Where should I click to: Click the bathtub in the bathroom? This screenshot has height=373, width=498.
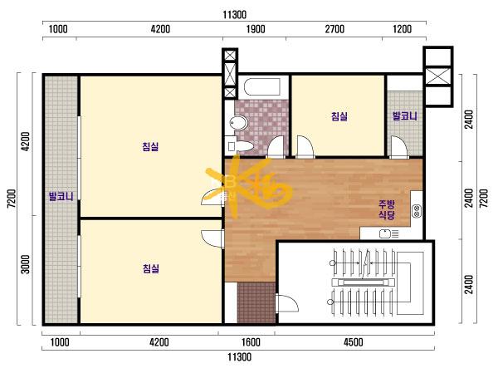262,86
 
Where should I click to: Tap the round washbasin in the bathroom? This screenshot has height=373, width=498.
238,123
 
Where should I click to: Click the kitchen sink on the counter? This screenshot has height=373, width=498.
386,234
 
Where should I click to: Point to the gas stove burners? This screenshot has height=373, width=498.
417,211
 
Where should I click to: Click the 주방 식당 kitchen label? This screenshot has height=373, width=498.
387,209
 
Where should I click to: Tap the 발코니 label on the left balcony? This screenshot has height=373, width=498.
61,196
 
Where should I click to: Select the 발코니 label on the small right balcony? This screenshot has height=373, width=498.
405,115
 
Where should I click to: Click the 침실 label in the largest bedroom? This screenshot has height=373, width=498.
150,146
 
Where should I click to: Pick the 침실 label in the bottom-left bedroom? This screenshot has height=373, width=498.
150,268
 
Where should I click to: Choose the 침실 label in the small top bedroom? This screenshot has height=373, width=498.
339,116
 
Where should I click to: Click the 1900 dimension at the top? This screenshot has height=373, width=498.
256,29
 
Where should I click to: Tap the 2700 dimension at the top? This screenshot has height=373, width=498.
334,29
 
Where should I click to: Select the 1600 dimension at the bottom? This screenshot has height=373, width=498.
251,342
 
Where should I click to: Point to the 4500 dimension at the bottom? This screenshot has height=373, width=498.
354,342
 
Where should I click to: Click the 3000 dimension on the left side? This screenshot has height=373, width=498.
25,264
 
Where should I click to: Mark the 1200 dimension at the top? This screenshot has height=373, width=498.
402,29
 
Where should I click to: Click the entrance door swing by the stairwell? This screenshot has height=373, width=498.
287,303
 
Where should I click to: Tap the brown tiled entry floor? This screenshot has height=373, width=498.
256,302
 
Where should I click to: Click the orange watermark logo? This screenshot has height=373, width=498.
249,186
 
